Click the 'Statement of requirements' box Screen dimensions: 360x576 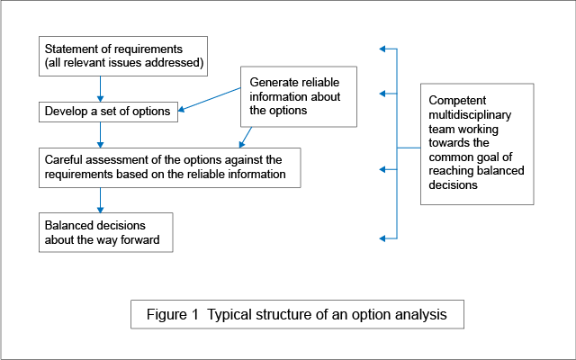click(x=123, y=55)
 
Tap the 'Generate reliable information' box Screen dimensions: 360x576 click(x=298, y=96)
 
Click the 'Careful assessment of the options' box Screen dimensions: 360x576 click(x=169, y=166)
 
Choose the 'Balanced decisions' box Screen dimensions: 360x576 click(x=104, y=230)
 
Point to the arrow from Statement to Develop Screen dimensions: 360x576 click(x=100, y=87)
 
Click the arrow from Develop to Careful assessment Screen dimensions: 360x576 click(x=100, y=134)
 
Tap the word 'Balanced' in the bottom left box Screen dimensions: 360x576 click(x=70, y=224)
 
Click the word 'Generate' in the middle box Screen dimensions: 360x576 click(x=271, y=82)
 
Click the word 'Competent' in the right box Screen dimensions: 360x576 click(x=457, y=100)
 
